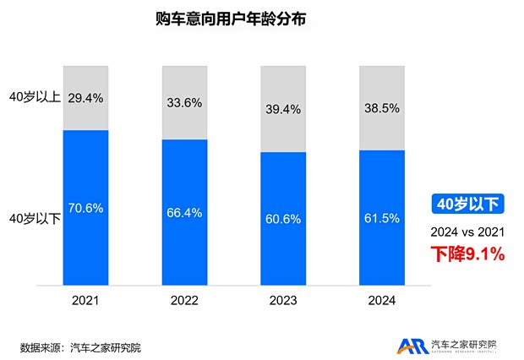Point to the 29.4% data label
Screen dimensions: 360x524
(85, 98)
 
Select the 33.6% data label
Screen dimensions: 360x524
(184, 105)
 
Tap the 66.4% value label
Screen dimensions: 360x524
(184, 212)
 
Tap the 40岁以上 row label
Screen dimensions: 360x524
(33, 98)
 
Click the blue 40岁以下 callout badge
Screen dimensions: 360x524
(467, 203)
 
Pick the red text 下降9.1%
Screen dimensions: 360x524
(467, 253)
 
